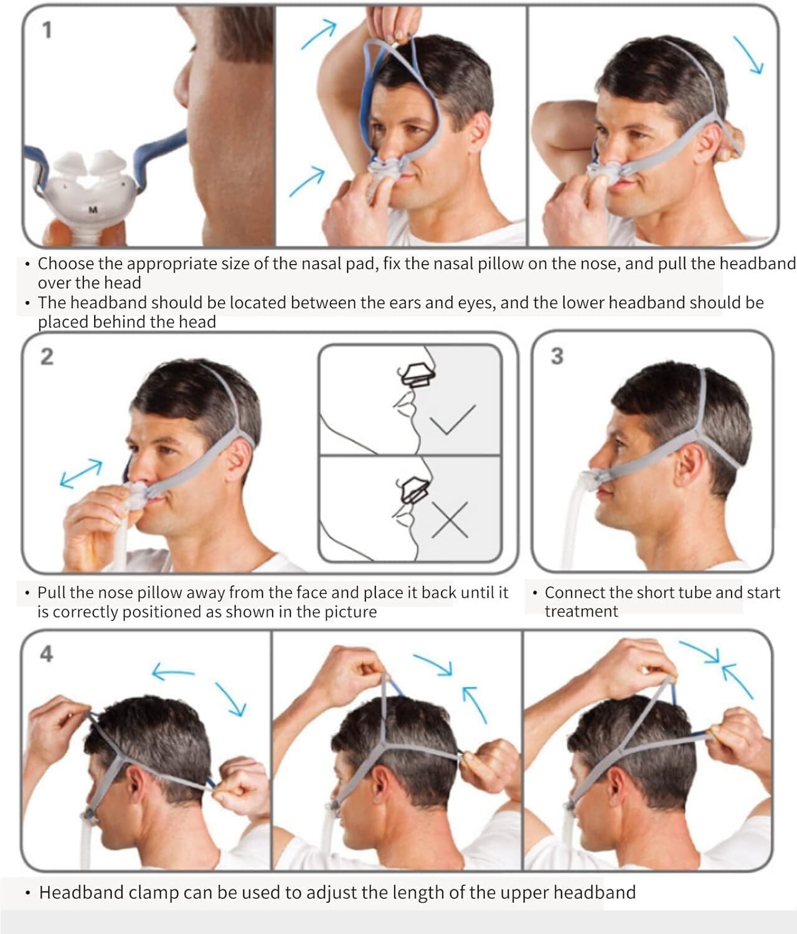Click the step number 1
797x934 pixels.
pyautogui.click(x=47, y=31)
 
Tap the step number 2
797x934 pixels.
pyautogui.click(x=47, y=357)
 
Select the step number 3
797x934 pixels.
pyautogui.click(x=557, y=356)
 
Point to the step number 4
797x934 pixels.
pyautogui.click(x=47, y=654)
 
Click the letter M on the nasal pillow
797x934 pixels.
pyautogui.click(x=93, y=210)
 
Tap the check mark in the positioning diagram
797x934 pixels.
pyautogui.click(x=452, y=419)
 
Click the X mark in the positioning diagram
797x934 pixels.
pyautogui.click(x=450, y=520)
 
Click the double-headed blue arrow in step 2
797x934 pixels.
pyautogui.click(x=82, y=474)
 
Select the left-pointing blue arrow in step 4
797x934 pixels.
pyautogui.click(x=174, y=671)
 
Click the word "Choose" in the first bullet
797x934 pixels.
pyautogui.click(x=66, y=263)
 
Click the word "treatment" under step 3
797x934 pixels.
pyautogui.click(x=581, y=611)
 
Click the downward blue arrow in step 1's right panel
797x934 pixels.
pyautogui.click(x=748, y=55)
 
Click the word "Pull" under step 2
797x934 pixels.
pyautogui.click(x=50, y=592)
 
